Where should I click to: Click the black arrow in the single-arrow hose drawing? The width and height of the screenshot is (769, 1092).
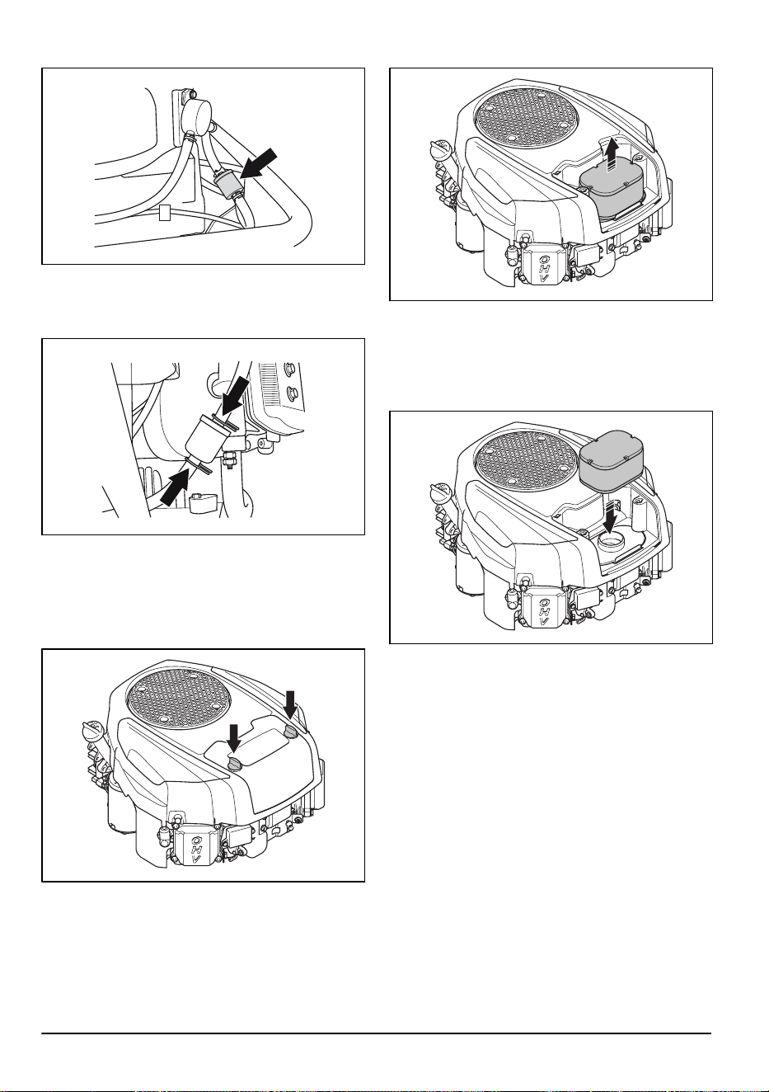tap(260, 164)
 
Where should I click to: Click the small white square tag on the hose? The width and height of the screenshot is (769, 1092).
tap(165, 213)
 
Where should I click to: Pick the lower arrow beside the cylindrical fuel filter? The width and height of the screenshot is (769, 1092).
tap(176, 487)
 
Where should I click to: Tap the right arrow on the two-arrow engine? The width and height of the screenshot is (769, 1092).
tap(290, 705)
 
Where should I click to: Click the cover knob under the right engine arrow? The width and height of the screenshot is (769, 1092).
tap(290, 730)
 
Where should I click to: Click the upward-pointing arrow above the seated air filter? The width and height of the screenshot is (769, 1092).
tap(612, 156)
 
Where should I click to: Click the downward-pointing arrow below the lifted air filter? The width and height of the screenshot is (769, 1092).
tap(610, 518)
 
